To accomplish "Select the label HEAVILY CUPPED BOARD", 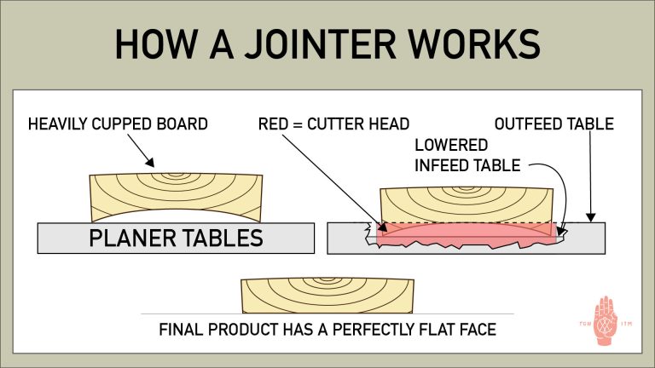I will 118,124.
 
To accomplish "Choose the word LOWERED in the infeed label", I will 451,145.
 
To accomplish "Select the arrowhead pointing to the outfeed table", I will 589,218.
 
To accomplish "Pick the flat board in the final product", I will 327,295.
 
